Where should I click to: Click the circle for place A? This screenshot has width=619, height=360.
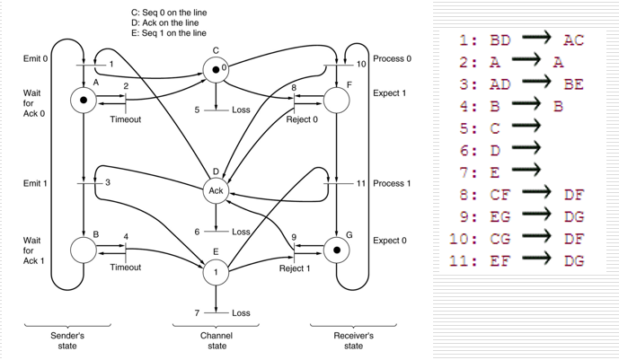pyautogui.click(x=84, y=100)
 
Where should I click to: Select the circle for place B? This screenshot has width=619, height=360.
pyautogui.click(x=84, y=250)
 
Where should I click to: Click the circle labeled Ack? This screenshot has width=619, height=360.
pyautogui.click(x=216, y=190)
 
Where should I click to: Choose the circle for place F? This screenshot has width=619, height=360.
pyautogui.click(x=335, y=100)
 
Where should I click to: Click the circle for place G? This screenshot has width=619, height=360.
pyautogui.click(x=335, y=250)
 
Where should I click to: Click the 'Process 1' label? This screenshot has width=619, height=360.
pyautogui.click(x=392, y=183)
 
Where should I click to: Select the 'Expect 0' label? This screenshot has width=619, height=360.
pyautogui.click(x=389, y=241)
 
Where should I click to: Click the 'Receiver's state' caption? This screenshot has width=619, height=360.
pyautogui.click(x=353, y=339)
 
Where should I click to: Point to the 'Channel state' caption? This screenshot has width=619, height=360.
pyautogui.click(x=217, y=339)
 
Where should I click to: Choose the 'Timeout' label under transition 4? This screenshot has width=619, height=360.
pyautogui.click(x=125, y=268)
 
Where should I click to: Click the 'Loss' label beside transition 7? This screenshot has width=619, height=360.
pyautogui.click(x=241, y=313)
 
